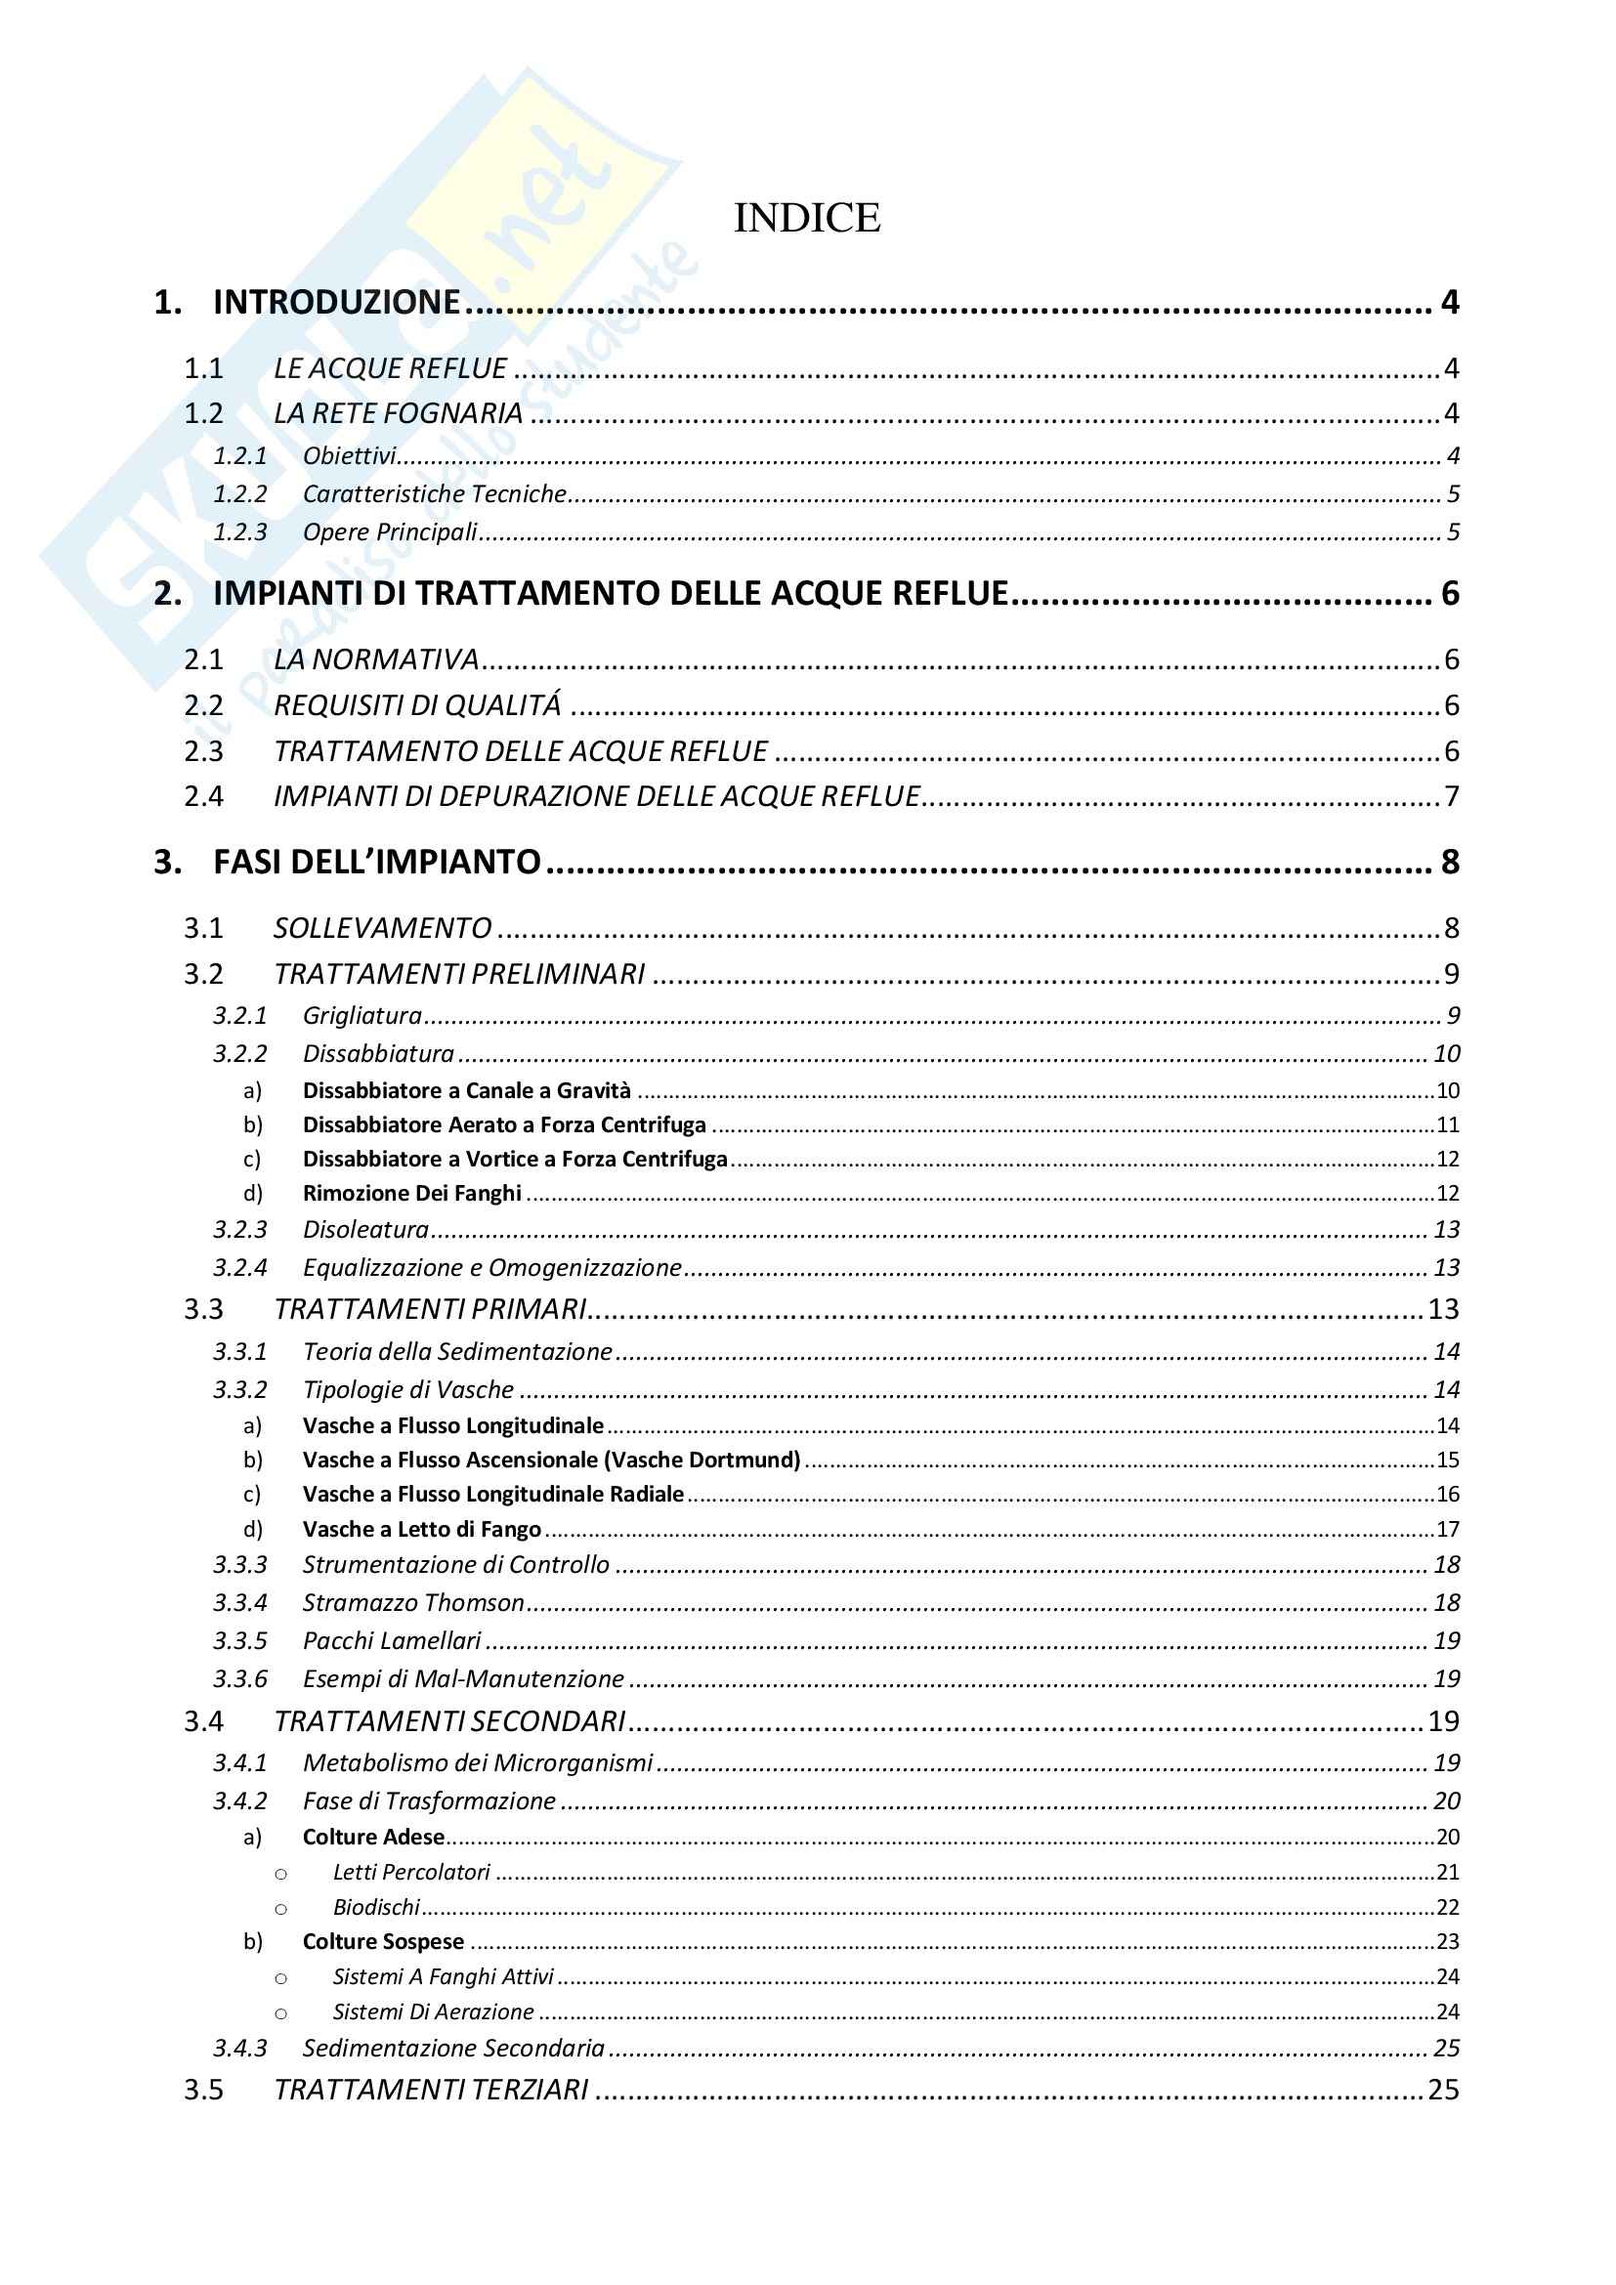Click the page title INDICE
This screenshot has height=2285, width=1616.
[807, 218]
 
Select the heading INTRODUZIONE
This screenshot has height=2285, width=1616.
[336, 302]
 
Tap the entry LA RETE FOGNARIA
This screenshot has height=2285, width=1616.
[398, 413]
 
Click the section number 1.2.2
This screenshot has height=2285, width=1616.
[239, 493]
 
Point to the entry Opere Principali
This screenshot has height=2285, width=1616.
[390, 532]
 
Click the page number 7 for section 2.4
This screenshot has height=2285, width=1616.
[1452, 796]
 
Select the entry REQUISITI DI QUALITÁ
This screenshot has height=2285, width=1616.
[417, 705]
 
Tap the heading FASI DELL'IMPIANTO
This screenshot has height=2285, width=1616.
[377, 862]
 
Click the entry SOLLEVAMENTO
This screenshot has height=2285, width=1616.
[383, 928]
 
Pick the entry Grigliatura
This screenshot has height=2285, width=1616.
[362, 1015]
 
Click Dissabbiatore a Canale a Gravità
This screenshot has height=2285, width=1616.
[467, 1091]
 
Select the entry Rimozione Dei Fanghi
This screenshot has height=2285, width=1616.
[412, 1193]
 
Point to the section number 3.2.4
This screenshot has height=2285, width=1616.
[239, 1267]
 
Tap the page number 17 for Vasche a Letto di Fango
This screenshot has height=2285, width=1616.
[1448, 1529]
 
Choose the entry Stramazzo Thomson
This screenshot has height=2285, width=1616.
[413, 1602]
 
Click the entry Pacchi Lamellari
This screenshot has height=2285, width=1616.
[392, 1640]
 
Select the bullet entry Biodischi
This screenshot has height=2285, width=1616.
[376, 1907]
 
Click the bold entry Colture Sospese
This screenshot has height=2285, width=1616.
[383, 1941]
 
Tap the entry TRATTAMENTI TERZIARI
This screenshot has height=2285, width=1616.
[431, 2090]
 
